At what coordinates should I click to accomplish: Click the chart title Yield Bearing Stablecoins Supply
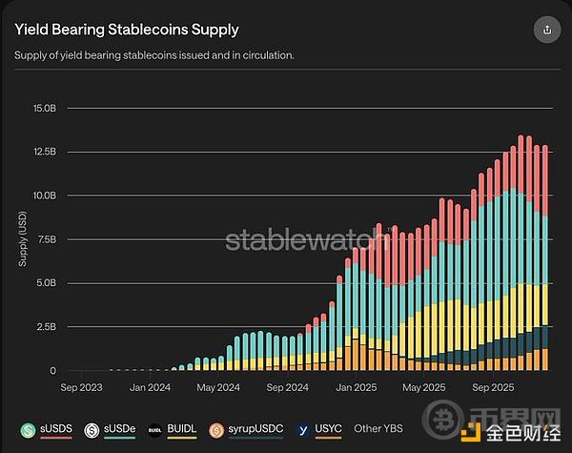coord(126,30)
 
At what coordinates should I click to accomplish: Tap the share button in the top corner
coord(546,29)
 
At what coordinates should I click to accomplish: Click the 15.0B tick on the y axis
coord(46,108)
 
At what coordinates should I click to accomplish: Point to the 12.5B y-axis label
coord(46,152)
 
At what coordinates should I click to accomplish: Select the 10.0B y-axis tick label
coord(46,196)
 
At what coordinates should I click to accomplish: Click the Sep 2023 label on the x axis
coord(81,387)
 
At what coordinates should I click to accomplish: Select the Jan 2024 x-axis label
coord(150,387)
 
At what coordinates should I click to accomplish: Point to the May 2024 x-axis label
coord(218,387)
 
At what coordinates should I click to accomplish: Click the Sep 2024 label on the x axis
coord(287,387)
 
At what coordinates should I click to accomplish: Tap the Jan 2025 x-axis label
coord(356,387)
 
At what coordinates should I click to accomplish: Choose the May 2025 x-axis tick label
coord(424,387)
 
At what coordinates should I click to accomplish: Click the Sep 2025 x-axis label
coord(493,387)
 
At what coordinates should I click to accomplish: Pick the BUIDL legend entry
coord(174,430)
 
